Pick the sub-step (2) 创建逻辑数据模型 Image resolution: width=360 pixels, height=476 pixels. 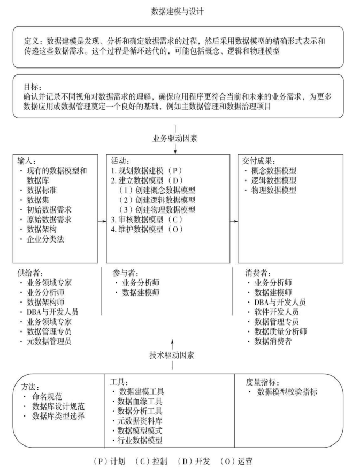(157, 200)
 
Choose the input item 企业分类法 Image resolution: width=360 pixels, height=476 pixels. (47, 239)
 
